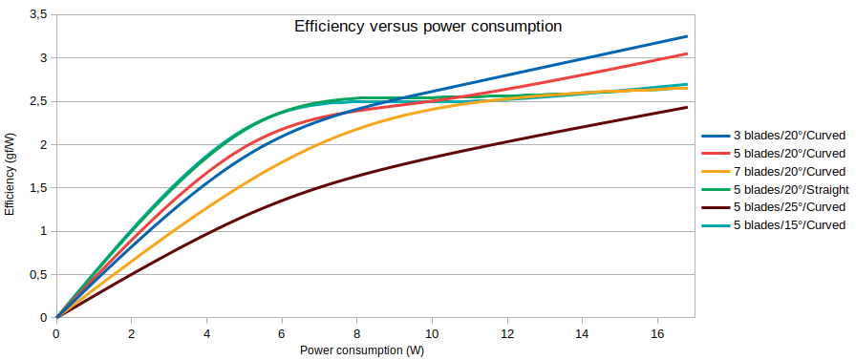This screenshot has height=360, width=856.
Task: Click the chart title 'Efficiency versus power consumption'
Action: (x=426, y=27)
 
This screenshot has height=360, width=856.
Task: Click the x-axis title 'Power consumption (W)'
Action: (x=362, y=350)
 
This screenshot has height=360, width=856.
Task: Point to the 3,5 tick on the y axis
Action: (x=39, y=14)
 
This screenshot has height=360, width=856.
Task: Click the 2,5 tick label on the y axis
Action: (x=39, y=101)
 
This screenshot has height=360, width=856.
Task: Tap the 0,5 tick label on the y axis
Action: (x=39, y=274)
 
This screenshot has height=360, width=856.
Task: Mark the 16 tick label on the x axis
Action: (x=656, y=334)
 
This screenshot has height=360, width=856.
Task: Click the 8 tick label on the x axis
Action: (x=356, y=334)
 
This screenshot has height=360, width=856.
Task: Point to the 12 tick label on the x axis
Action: (x=506, y=334)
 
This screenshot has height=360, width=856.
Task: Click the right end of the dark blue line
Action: (x=687, y=36)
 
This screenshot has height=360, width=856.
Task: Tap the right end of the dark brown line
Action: (x=687, y=107)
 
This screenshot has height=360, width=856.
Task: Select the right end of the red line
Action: (x=687, y=53)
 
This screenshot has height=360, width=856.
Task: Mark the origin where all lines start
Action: (x=56, y=317)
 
